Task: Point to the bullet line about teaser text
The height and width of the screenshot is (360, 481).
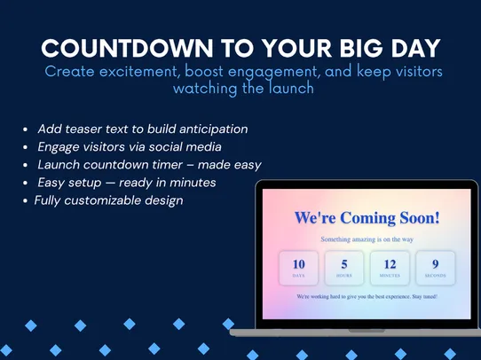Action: click(142, 129)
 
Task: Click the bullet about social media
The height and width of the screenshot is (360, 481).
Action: click(129, 147)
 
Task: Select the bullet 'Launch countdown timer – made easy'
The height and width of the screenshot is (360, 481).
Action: click(149, 165)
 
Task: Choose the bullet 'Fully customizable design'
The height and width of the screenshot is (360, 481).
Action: click(108, 200)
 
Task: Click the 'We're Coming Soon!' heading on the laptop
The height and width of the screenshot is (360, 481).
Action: click(367, 217)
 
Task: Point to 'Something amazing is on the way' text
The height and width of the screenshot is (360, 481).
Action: click(367, 239)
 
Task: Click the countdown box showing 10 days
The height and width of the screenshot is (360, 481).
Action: click(299, 267)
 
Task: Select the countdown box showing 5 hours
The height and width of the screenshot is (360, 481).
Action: click(344, 267)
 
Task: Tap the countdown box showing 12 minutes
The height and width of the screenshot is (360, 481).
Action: click(390, 267)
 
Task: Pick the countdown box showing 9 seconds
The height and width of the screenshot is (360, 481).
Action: click(435, 267)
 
